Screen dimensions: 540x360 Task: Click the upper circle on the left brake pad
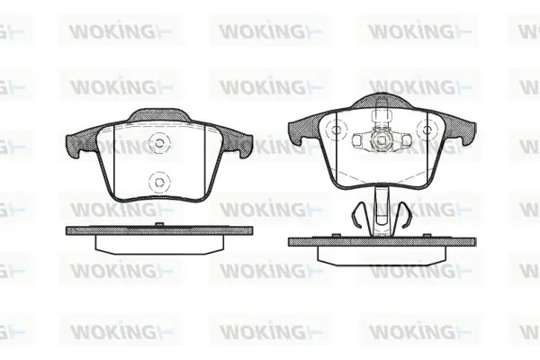158,143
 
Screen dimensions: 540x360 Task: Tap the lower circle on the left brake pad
158,182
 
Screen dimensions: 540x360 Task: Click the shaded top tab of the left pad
159,115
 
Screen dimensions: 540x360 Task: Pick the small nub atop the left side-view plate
158,225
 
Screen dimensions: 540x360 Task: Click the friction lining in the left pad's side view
159,245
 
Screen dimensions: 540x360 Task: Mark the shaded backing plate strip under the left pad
159,230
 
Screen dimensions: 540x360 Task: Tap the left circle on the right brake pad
336,130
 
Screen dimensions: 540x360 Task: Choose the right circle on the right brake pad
427,130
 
